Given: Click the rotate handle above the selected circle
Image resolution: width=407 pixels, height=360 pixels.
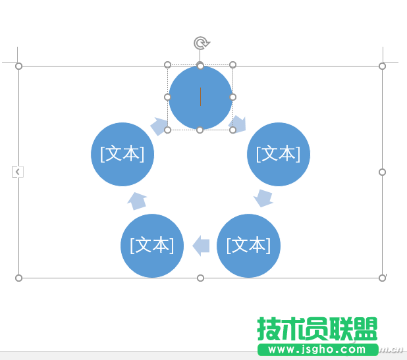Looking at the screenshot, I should (x=201, y=43).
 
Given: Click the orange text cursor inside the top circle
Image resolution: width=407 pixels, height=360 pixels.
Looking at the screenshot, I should (x=200, y=97).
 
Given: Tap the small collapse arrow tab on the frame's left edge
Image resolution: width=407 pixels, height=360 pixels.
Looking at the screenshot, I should (x=18, y=172).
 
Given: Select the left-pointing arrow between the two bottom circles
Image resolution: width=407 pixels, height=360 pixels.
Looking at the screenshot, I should (x=202, y=246).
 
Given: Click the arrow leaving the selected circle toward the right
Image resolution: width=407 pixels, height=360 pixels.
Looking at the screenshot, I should (x=238, y=124).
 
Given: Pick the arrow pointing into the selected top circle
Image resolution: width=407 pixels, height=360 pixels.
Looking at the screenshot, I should (x=159, y=126).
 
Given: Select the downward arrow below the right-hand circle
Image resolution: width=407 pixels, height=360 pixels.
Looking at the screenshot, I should (x=263, y=197).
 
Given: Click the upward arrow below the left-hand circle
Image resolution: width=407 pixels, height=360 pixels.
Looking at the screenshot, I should (x=137, y=201).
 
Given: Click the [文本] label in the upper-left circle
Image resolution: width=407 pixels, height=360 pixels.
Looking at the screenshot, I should (x=122, y=154).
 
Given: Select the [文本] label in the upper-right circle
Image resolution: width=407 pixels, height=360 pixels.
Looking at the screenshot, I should (x=279, y=154).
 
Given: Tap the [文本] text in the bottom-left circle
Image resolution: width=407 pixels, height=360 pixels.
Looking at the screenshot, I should (x=152, y=245).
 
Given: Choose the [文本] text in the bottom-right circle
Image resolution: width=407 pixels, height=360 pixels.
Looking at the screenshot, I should (x=248, y=245).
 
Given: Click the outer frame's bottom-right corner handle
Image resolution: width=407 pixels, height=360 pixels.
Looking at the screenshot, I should (x=382, y=278).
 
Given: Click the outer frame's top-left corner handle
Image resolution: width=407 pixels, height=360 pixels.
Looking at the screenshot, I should (x=18, y=66).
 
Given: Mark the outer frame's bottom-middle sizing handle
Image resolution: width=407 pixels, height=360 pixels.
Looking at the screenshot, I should (x=201, y=278).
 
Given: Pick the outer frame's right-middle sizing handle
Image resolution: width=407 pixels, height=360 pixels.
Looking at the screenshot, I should (x=382, y=172).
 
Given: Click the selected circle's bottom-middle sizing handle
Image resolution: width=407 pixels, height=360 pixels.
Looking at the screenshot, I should (x=200, y=130).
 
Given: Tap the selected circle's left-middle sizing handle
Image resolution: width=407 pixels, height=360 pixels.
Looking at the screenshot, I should (x=167, y=97).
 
